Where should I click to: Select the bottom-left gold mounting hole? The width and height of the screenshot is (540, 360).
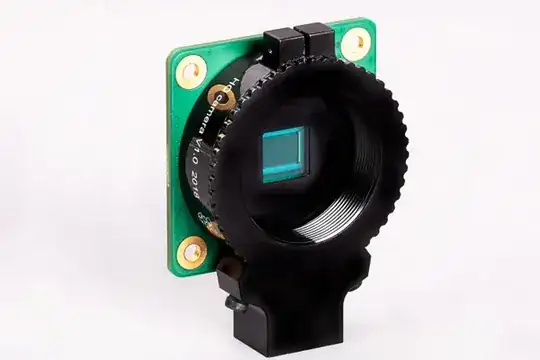[x=191, y=250]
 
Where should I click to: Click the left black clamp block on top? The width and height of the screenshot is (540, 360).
[x=282, y=44]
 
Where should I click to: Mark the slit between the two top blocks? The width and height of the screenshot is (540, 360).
[x=301, y=42]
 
